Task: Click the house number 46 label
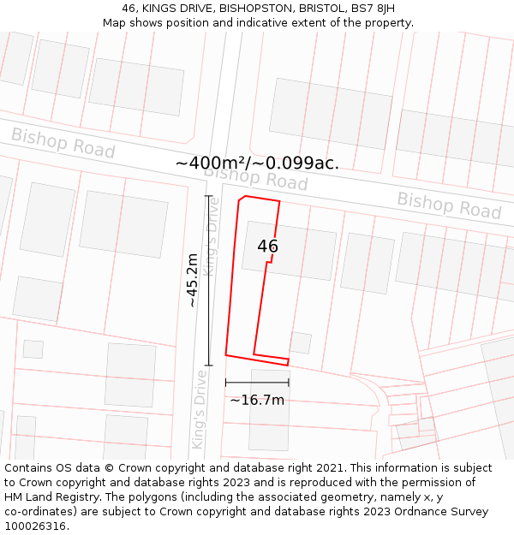(x=267, y=247)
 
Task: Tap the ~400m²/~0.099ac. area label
(x=257, y=163)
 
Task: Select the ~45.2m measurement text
(x=193, y=281)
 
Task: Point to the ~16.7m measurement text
(x=257, y=400)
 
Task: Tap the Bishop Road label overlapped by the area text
(x=255, y=177)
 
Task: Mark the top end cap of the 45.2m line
(x=208, y=196)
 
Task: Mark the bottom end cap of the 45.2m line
(x=208, y=366)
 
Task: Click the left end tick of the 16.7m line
(x=226, y=383)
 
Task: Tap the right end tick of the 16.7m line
(x=289, y=383)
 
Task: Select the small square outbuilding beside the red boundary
(x=300, y=343)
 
